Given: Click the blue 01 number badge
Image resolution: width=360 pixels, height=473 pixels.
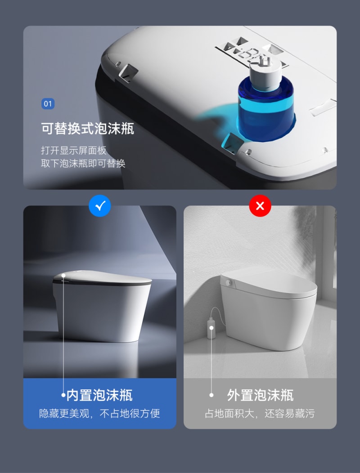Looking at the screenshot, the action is click(48, 104).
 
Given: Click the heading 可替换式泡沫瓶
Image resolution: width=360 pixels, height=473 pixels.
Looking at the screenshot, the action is click(88, 128).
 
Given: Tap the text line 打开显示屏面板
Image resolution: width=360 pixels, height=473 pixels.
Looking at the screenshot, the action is click(74, 150).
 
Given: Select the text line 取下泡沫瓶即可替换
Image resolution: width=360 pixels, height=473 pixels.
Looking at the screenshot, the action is click(83, 163).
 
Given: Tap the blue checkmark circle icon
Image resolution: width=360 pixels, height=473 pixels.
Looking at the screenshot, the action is click(99, 206).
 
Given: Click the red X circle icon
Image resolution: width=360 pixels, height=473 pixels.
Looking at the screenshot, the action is click(260, 206).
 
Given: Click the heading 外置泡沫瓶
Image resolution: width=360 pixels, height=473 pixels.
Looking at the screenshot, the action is click(261, 395).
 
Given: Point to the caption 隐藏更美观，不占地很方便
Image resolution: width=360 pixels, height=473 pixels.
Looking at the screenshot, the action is click(99, 413).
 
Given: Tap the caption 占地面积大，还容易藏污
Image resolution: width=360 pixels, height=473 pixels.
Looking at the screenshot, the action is click(260, 413).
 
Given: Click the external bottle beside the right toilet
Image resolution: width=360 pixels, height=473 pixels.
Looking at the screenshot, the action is click(211, 328).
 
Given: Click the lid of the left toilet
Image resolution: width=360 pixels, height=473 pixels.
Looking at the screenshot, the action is click(102, 278).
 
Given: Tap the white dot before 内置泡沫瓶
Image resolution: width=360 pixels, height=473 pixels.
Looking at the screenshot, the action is click(63, 395).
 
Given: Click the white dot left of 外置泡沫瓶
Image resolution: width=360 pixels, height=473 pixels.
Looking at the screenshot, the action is click(211, 395).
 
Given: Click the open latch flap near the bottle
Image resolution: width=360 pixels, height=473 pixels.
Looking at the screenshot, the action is click(232, 143).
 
